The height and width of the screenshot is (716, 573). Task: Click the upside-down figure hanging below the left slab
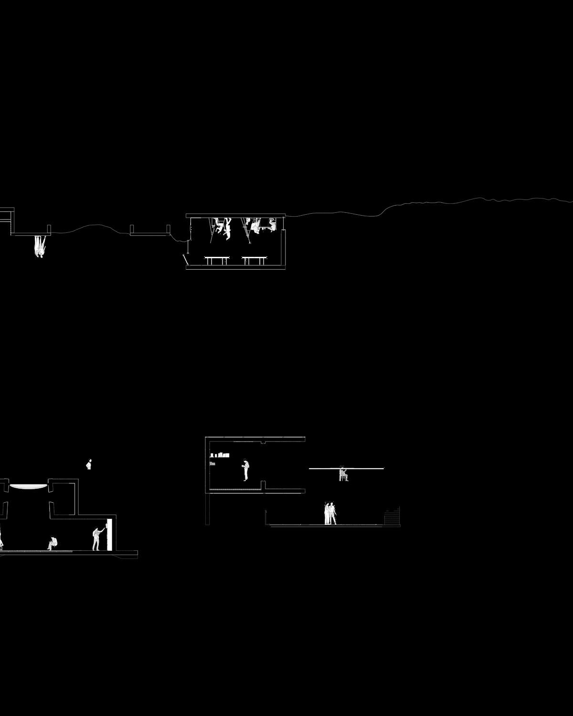click(x=40, y=246)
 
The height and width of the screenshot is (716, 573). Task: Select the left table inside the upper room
click(x=217, y=259)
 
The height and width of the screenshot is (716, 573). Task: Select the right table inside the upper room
click(x=254, y=259)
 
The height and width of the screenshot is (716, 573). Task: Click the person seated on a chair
click(x=343, y=474)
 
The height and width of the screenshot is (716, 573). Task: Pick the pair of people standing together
click(x=330, y=514)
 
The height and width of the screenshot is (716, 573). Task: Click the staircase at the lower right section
click(x=392, y=517)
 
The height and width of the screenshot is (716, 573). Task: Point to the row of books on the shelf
click(x=220, y=455)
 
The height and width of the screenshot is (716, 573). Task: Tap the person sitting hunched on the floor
click(x=53, y=543)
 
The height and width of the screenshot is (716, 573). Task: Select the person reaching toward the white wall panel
click(x=97, y=538)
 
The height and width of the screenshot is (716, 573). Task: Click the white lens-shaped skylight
click(x=29, y=486)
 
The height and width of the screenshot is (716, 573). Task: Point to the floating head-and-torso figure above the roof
click(x=89, y=464)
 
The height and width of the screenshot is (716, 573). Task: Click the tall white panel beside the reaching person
click(x=110, y=534)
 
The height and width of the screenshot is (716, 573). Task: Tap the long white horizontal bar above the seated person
click(x=346, y=468)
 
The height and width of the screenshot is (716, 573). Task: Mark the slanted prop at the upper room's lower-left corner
click(x=185, y=261)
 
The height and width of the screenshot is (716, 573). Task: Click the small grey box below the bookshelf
click(x=212, y=463)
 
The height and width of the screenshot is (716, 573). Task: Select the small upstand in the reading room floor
click(x=263, y=485)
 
